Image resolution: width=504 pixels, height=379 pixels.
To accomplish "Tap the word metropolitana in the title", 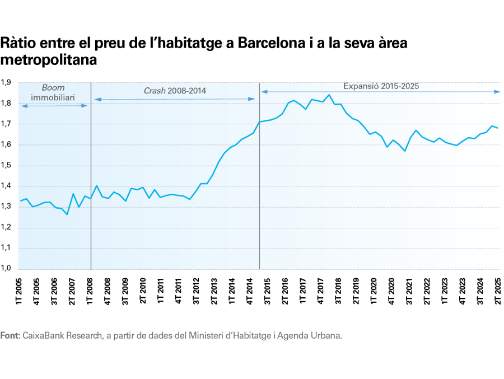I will click(49, 59).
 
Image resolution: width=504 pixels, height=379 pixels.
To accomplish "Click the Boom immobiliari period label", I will click(53, 92).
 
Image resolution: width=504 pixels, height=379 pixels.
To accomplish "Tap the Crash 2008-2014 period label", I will click(175, 90).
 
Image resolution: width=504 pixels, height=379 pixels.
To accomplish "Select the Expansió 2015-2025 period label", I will click(381, 86).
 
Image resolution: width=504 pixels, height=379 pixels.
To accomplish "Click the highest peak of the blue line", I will click(328, 95).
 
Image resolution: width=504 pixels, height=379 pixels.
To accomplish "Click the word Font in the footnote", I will click(10, 336).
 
